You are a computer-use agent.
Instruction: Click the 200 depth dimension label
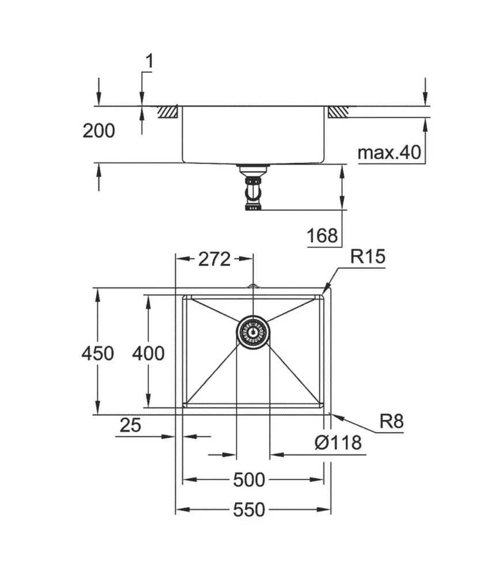[99, 131]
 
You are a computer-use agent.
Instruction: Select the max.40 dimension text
[389, 153]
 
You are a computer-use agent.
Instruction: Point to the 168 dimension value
[322, 235]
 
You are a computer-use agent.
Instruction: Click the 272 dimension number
[214, 259]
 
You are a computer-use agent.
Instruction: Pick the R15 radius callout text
[367, 256]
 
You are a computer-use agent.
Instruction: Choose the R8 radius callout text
[391, 422]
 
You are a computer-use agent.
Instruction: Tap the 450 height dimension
[97, 353]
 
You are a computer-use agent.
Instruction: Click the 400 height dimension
[148, 353]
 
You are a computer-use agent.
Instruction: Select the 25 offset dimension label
[130, 426]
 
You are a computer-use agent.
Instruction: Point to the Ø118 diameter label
[338, 442]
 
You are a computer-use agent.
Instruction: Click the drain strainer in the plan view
[253, 332]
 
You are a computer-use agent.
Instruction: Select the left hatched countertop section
[169, 112]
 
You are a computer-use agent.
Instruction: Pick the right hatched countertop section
[338, 112]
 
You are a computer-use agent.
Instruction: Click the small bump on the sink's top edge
[253, 285]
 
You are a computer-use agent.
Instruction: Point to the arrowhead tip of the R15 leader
[323, 294]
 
